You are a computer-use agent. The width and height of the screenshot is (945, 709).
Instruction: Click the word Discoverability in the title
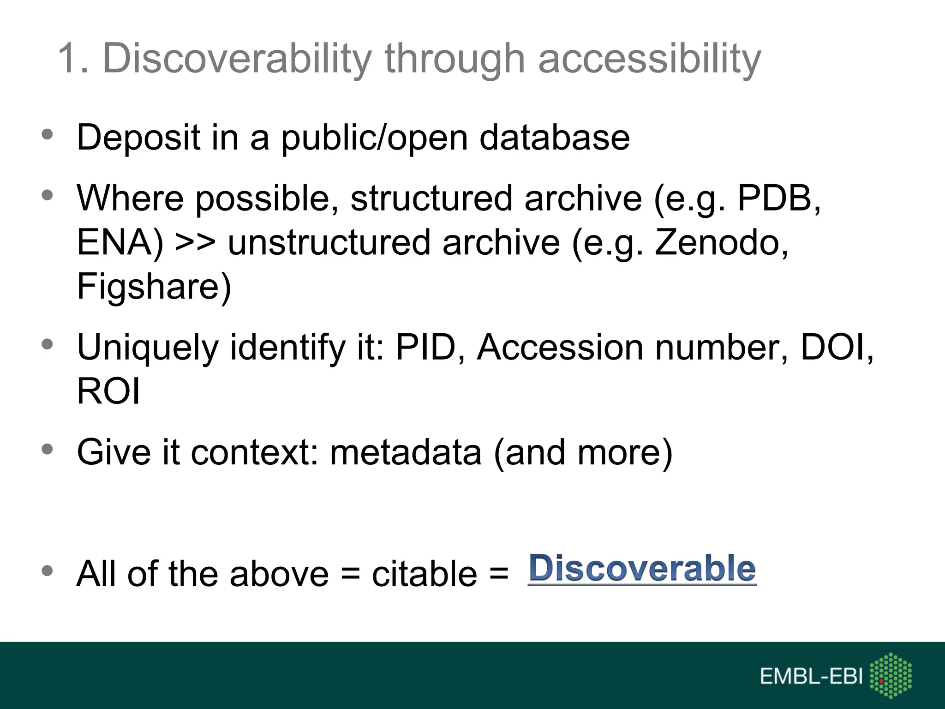237,59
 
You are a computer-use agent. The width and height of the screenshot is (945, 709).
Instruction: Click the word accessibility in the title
649,59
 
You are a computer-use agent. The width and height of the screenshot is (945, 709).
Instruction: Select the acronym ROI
108,391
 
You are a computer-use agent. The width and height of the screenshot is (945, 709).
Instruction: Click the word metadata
406,452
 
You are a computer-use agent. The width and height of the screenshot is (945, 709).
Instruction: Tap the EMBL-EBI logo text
811,677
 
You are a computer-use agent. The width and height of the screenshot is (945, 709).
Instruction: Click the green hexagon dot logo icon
890,675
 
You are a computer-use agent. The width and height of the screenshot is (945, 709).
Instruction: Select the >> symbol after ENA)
195,243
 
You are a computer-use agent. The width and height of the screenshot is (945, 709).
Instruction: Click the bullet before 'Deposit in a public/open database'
47,135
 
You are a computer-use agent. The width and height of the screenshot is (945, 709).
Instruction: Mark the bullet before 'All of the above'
47,571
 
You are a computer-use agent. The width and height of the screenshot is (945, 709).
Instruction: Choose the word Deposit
138,138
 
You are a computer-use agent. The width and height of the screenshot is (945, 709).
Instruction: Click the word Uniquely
147,348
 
